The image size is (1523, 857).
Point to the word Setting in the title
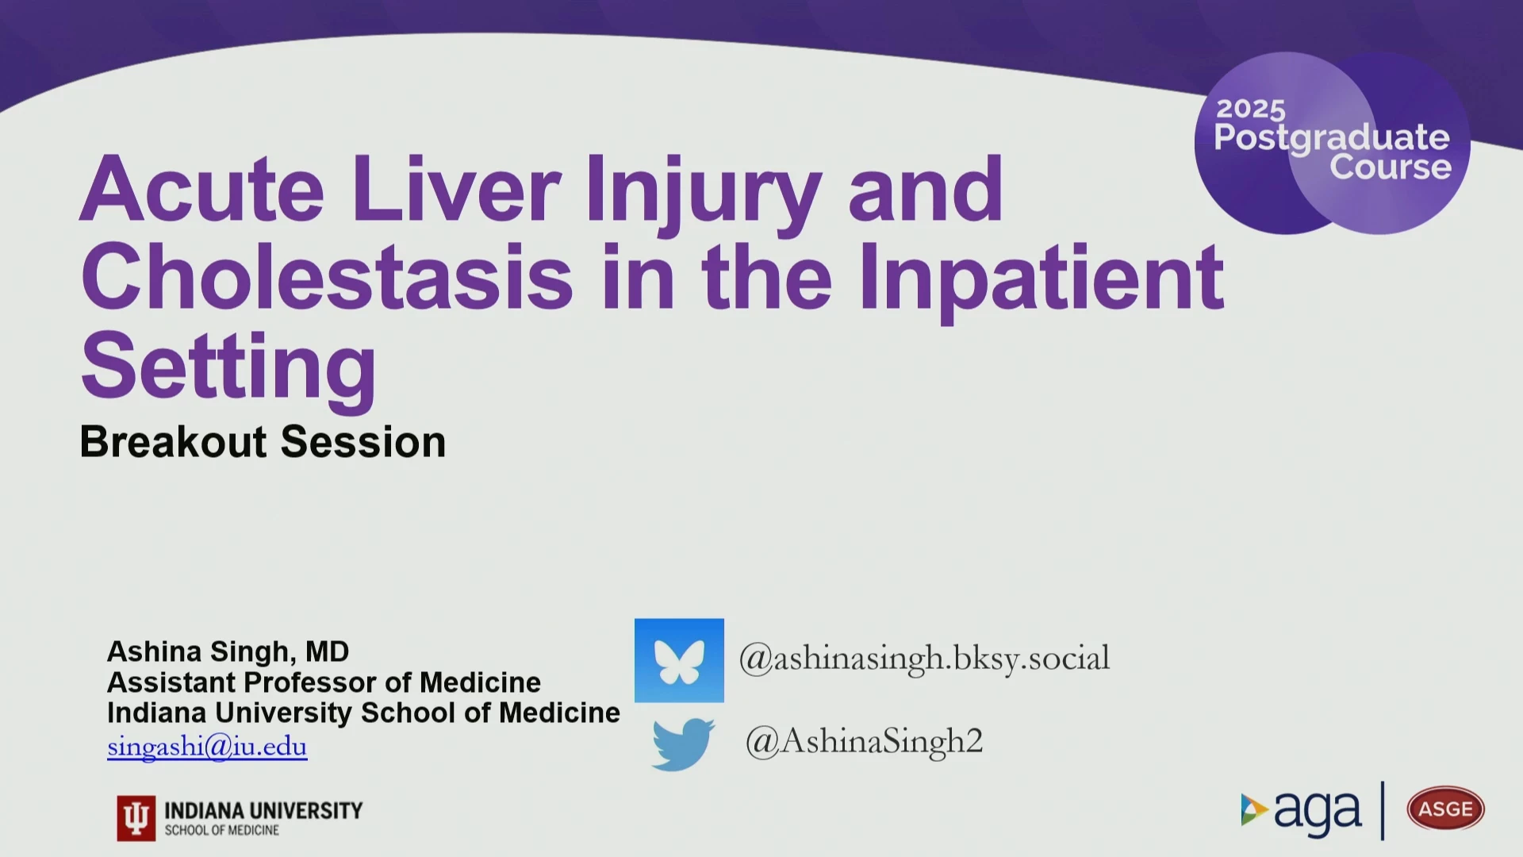228,370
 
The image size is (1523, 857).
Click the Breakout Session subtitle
263,441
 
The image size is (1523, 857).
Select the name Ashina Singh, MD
228,652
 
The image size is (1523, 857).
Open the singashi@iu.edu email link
207,747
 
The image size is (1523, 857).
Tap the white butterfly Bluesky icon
679,660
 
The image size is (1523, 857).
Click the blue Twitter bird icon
682,744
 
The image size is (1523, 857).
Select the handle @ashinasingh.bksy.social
924,659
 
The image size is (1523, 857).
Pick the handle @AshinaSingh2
864,741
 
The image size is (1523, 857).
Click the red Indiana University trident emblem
136,818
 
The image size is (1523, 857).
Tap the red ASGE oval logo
1445,809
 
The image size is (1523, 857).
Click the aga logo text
1318,812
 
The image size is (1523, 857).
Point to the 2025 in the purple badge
1251,110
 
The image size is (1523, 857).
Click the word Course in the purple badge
1391,167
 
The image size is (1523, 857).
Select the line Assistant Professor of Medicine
324,682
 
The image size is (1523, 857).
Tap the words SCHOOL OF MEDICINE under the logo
222,830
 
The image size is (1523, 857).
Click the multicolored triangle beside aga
1254,809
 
